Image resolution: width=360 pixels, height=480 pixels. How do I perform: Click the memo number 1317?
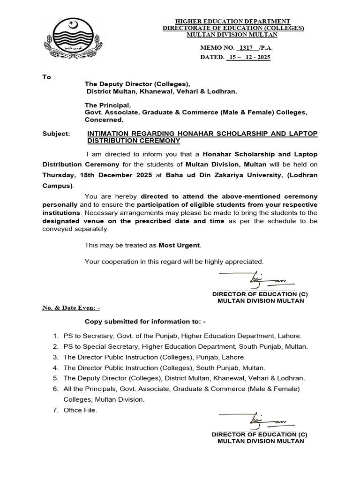click(245, 48)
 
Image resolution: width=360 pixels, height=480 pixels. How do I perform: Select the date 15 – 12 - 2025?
click(248, 57)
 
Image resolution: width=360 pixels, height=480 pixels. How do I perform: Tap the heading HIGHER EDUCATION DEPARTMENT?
click(233, 22)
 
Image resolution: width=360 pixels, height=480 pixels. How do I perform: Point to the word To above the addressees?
click(46, 77)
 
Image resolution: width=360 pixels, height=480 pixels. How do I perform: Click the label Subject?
click(56, 134)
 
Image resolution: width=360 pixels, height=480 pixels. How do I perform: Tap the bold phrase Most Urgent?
click(179, 245)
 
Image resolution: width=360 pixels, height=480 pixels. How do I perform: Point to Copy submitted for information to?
click(145, 322)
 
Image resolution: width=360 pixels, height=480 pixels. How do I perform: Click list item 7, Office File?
click(80, 410)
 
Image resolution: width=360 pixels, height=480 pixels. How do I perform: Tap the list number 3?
click(55, 357)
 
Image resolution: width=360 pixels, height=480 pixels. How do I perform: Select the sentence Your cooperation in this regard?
click(174, 261)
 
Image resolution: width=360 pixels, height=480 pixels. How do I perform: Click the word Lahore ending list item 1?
click(290, 336)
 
